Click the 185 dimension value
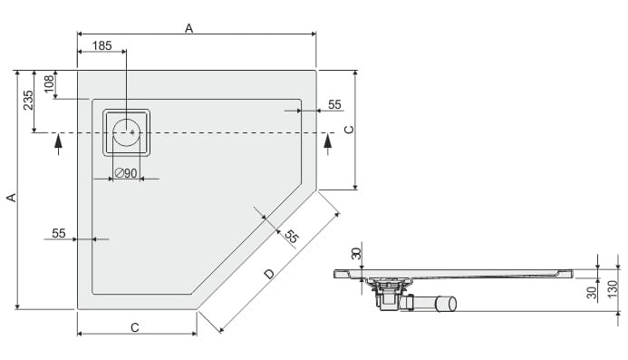[102, 45]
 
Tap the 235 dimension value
[28, 101]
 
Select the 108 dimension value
[49, 83]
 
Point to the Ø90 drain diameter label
[126, 173]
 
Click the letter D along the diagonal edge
[270, 274]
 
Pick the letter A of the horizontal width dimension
[189, 28]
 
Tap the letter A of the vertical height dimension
[12, 198]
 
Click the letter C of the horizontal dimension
[135, 327]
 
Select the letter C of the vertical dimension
[349, 130]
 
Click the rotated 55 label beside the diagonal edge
[292, 237]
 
